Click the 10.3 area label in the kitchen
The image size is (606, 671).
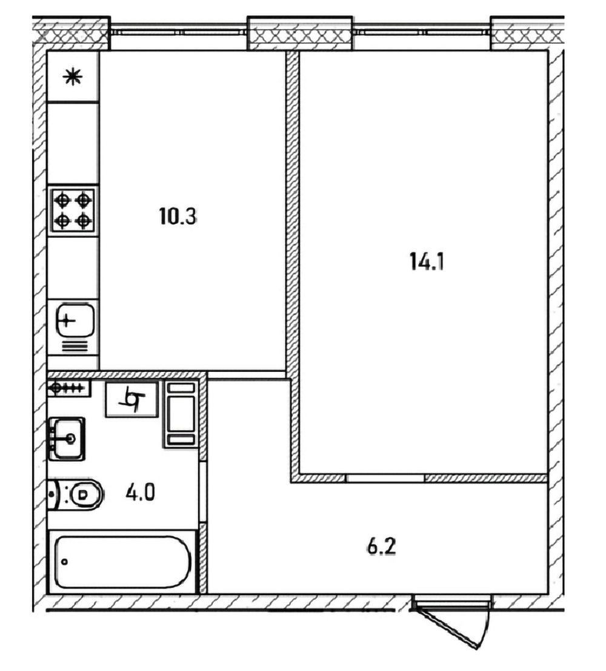tap(178, 216)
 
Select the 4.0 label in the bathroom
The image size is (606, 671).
tap(140, 492)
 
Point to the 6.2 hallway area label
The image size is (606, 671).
tap(382, 547)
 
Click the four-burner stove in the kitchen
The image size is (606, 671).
tap(73, 211)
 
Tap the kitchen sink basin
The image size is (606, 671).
tap(75, 320)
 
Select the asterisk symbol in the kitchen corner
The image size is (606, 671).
tap(73, 77)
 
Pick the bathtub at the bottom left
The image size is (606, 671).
tap(122, 562)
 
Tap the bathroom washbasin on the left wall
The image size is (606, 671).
tap(67, 439)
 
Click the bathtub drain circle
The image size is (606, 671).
tap(64, 562)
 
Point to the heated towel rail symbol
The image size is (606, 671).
tap(68, 388)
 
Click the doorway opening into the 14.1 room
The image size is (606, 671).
tap(385, 479)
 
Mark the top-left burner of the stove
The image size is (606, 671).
tap(63, 200)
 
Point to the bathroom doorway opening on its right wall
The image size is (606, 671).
tap(202, 491)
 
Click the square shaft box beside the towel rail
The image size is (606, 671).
tap(132, 399)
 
